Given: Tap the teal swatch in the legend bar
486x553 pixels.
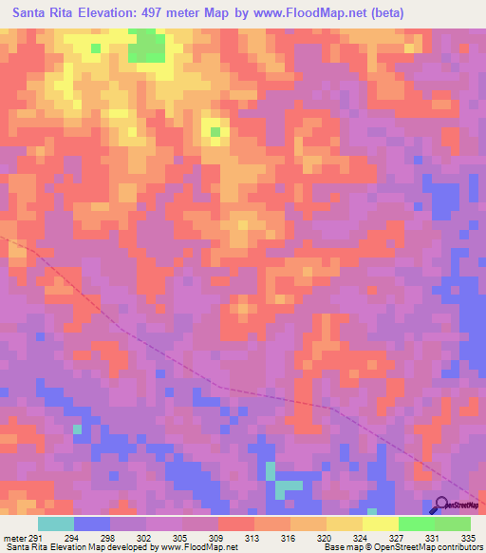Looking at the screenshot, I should (x=56, y=523).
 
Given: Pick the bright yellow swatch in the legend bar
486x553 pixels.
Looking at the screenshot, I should (x=381, y=523).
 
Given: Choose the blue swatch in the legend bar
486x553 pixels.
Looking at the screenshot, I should (x=92, y=523).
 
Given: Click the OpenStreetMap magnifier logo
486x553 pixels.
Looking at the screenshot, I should (x=442, y=505).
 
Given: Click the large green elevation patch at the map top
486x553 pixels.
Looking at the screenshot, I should (x=146, y=46).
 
